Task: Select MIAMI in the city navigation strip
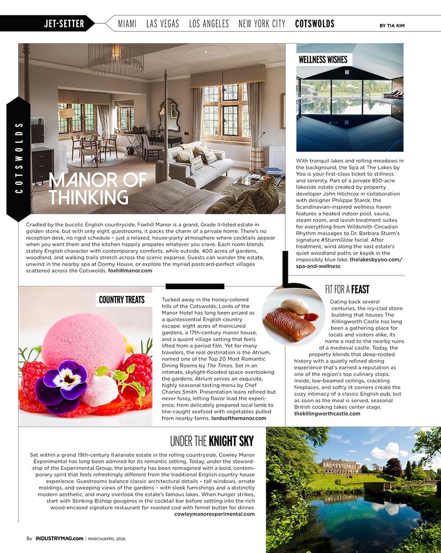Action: pyautogui.click(x=127, y=24)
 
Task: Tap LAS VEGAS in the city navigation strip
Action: pyautogui.click(x=163, y=24)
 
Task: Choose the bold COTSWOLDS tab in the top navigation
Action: pyautogui.click(x=315, y=24)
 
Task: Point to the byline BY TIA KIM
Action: pyautogui.click(x=392, y=25)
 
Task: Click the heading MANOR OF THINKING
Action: pyautogui.click(x=98, y=188)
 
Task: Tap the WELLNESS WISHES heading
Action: pyautogui.click(x=323, y=60)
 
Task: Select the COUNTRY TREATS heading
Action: pyautogui.click(x=122, y=300)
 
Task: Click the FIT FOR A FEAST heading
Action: pyautogui.click(x=347, y=289)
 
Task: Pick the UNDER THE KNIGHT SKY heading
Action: pyautogui.click(x=212, y=441)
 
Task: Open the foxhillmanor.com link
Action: pyautogui.click(x=130, y=271)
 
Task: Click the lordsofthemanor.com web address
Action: pyautogui.click(x=239, y=418)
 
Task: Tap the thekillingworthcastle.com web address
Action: pyautogui.click(x=327, y=414)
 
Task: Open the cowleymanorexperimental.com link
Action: pyautogui.click(x=214, y=513)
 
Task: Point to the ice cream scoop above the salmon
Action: pyautogui.click(x=294, y=306)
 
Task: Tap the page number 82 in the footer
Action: pyautogui.click(x=29, y=538)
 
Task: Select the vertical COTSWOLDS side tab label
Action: pyautogui.click(x=19, y=158)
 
